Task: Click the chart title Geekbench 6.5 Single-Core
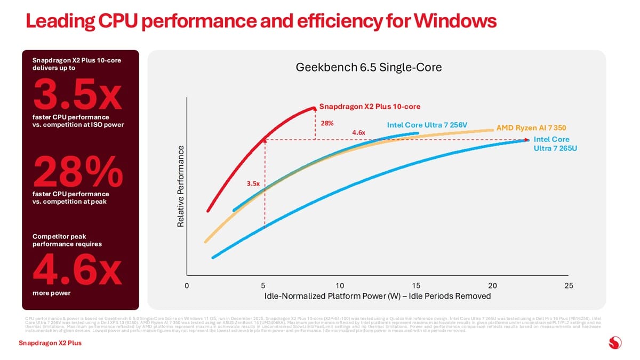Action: pyautogui.click(x=369, y=68)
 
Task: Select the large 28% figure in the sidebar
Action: pyautogui.click(x=78, y=171)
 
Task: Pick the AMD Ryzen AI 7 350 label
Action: pyautogui.click(x=531, y=128)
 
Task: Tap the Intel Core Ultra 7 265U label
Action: pyautogui.click(x=555, y=144)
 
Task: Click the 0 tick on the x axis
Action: pyautogui.click(x=187, y=285)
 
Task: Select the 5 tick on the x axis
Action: pyautogui.click(x=263, y=285)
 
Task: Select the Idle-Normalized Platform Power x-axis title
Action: pyautogui.click(x=377, y=296)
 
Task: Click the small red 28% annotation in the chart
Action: pyautogui.click(x=327, y=123)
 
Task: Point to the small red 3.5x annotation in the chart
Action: pyautogui.click(x=253, y=184)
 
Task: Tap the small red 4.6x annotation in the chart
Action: pyautogui.click(x=358, y=132)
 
